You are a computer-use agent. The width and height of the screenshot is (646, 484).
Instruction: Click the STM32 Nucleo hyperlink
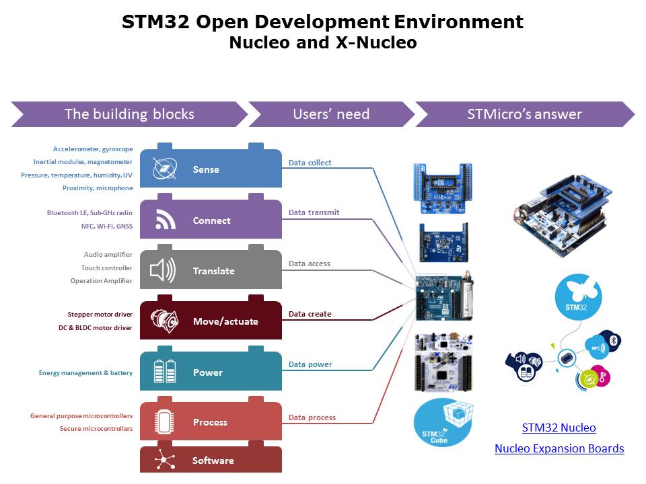559,428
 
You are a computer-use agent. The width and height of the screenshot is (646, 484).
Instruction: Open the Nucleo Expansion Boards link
559,448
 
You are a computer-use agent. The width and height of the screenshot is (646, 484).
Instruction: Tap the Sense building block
211,169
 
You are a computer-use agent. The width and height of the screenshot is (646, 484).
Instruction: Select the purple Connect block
211,220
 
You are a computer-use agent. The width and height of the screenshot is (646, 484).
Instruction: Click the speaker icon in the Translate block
163,271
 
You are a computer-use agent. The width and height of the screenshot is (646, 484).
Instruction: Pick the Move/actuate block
211,321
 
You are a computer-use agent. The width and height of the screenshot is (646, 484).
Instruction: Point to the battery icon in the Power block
165,372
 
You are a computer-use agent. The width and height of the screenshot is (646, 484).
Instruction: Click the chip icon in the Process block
164,422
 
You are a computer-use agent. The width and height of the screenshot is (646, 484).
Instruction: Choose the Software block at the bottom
211,460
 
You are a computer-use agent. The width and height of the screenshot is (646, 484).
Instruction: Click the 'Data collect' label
310,163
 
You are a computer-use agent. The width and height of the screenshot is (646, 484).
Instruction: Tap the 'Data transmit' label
314,212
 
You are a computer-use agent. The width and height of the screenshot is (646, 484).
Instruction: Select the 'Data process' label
312,417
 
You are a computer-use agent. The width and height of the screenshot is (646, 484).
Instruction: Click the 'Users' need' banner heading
331,114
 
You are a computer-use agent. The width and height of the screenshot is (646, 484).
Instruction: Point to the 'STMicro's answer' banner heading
524,114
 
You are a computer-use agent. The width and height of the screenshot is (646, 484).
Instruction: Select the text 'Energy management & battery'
85,372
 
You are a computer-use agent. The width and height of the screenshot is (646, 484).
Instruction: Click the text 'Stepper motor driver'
100,315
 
